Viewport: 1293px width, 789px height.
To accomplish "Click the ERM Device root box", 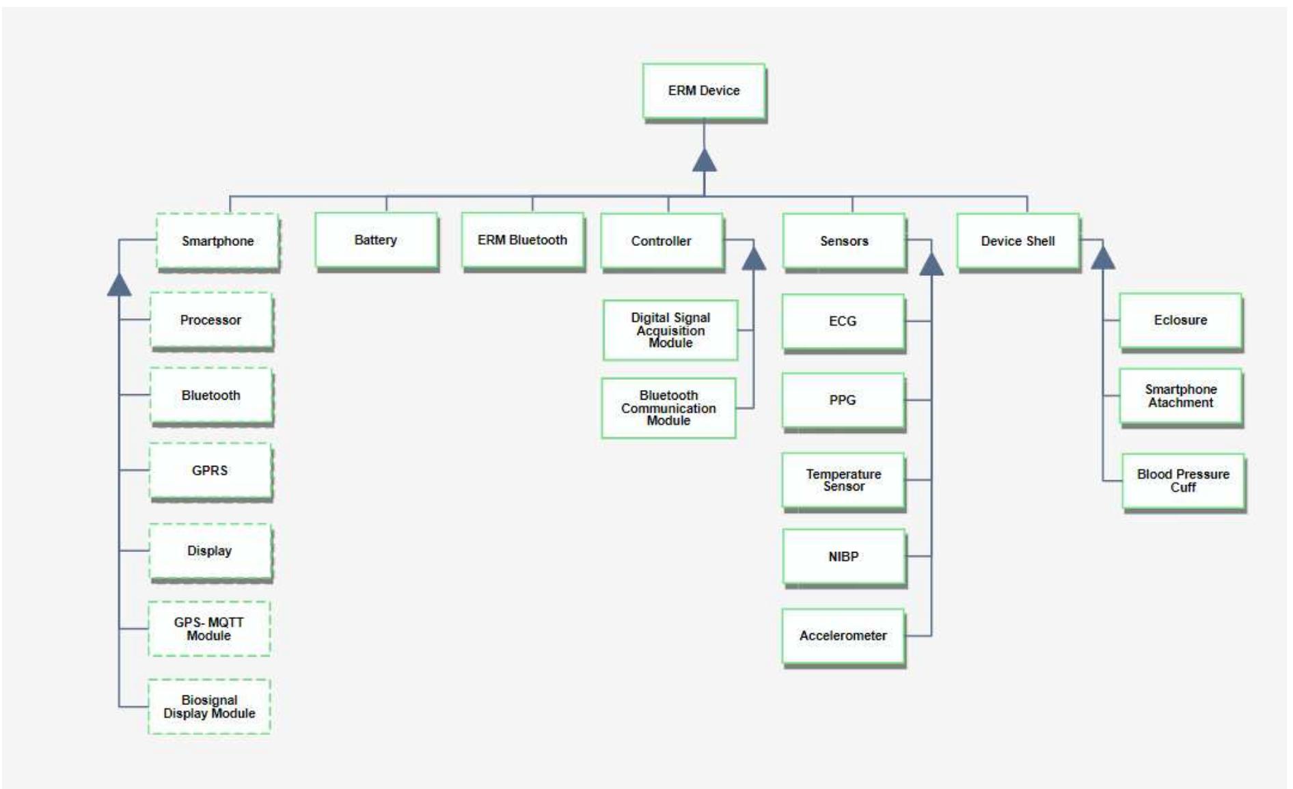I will pyautogui.click(x=703, y=91).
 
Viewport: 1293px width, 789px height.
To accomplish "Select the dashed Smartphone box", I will pyautogui.click(x=217, y=241).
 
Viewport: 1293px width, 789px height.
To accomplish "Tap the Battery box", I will pyautogui.click(x=376, y=240).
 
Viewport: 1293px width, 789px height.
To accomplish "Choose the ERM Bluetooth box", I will pyautogui.click(x=522, y=240).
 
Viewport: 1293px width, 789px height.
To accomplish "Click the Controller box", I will pyautogui.click(x=661, y=241).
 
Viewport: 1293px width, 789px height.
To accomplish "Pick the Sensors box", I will pyautogui.click(x=844, y=241).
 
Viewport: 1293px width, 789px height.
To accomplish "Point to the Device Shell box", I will pyautogui.click(x=1018, y=241).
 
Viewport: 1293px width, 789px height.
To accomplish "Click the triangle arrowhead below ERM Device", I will pyautogui.click(x=705, y=161).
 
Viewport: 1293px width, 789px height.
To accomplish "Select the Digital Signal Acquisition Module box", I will pyautogui.click(x=670, y=330).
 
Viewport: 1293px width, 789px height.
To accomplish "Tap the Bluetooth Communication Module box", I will pyautogui.click(x=668, y=408).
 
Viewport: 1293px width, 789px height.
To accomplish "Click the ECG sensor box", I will pyautogui.click(x=843, y=322).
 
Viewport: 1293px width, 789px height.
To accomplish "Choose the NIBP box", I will pyautogui.click(x=843, y=557).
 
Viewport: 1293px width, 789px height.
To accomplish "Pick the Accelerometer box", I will pyautogui.click(x=843, y=636).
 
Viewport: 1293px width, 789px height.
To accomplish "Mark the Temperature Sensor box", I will pyautogui.click(x=843, y=480).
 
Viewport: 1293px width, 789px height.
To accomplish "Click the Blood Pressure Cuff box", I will pyautogui.click(x=1183, y=481).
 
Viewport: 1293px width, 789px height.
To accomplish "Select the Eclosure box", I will pyautogui.click(x=1180, y=320).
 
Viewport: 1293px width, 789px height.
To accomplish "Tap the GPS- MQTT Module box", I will pyautogui.click(x=209, y=628).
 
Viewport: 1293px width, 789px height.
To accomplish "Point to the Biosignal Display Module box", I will pyautogui.click(x=209, y=706).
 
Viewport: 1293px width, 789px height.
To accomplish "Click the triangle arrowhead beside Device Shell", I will pyautogui.click(x=1103, y=258).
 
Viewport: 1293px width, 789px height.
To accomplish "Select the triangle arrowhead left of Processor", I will pyautogui.click(x=120, y=286).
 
